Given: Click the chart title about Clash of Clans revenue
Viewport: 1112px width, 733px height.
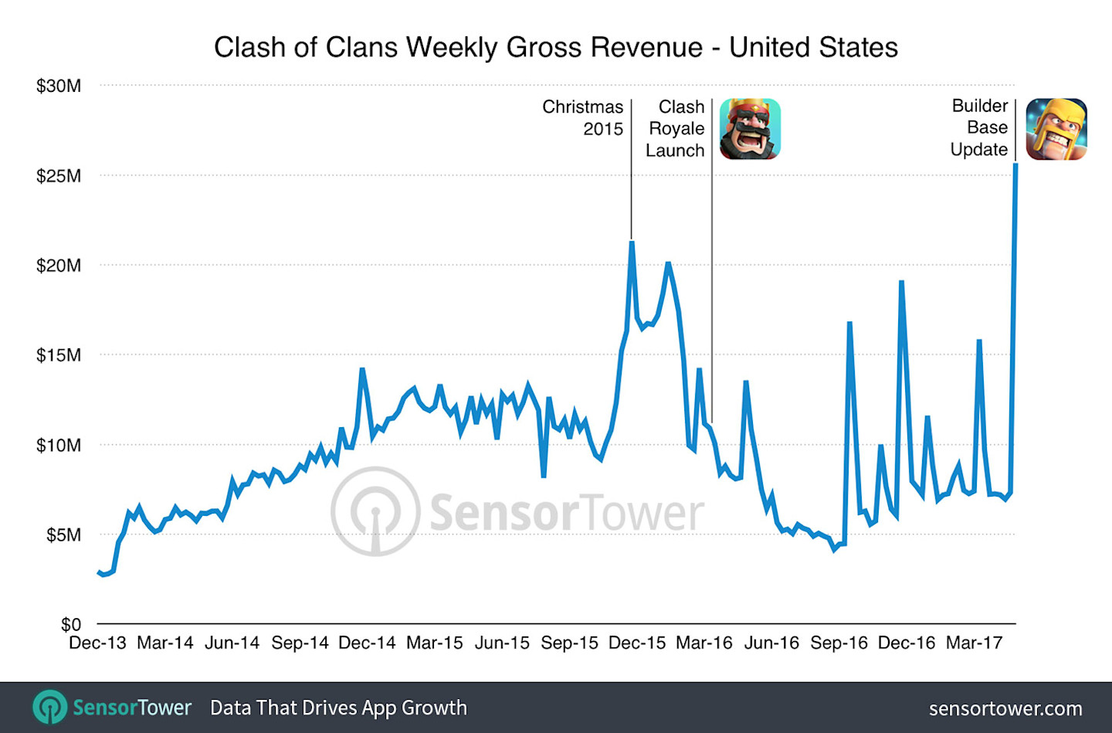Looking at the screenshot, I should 555,48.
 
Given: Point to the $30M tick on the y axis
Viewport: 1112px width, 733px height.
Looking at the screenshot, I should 59,86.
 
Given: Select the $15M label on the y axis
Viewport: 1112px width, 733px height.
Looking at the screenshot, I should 59,355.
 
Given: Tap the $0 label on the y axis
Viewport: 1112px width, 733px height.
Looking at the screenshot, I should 71,624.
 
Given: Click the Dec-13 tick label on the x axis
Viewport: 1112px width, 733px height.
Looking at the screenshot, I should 97,643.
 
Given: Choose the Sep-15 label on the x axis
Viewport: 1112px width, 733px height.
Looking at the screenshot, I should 569,643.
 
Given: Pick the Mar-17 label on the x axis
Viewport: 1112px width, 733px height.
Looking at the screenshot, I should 974,643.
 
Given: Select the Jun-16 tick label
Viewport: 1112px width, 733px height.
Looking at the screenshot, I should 771,643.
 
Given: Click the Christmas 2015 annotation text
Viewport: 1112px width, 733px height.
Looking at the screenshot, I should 584,117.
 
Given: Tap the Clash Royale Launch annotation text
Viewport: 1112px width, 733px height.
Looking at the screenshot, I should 676,128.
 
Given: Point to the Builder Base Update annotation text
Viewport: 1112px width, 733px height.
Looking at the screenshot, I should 979,127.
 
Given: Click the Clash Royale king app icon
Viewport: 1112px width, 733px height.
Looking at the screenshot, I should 750,129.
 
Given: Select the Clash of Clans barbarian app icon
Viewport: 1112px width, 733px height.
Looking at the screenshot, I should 1056,129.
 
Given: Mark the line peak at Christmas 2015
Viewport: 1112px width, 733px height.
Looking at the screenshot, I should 632,243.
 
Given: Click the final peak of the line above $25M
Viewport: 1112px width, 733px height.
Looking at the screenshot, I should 1015,165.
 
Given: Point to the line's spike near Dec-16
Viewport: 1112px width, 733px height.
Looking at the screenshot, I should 901,282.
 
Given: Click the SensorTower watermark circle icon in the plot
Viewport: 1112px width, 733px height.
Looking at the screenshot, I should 375,511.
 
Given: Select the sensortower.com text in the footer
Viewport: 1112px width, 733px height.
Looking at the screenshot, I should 1005,708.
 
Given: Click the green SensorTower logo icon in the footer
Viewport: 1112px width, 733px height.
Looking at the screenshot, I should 50,708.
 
